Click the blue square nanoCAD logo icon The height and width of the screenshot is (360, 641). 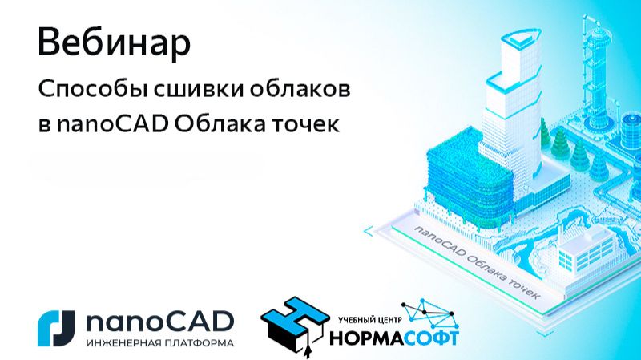55,327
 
